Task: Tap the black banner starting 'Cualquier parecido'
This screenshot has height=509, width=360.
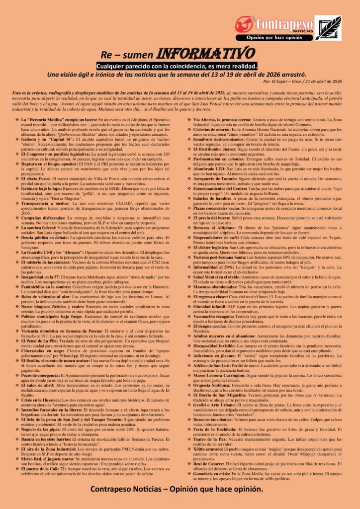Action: coord(177,66)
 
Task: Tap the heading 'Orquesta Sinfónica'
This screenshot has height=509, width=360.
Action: coord(213,386)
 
